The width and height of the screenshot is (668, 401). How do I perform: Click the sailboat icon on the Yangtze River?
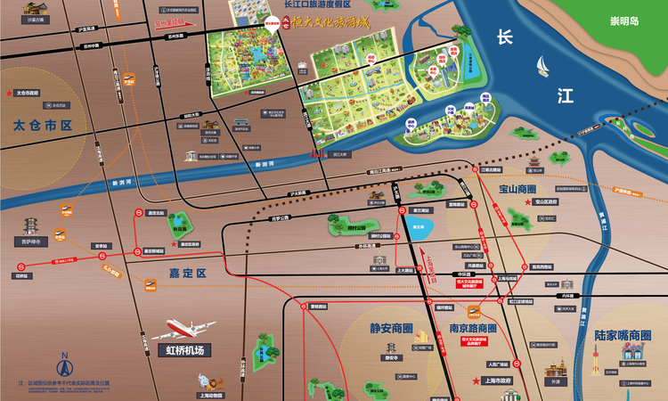(x=543, y=65)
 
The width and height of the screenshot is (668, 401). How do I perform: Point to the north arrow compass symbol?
(x=63, y=364)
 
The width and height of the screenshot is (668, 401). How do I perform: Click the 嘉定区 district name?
(x=188, y=273)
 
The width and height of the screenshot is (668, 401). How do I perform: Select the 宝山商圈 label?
(x=518, y=190)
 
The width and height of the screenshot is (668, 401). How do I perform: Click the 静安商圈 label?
(x=392, y=328)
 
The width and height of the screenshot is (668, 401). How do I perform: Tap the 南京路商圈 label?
(x=472, y=328)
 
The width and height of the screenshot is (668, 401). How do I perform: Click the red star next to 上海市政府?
(x=475, y=381)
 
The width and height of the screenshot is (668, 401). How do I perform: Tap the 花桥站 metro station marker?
(x=20, y=266)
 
